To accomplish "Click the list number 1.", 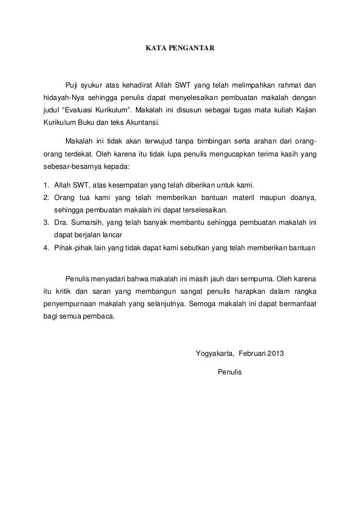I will pos(46,185).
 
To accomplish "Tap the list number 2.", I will pos(46,197).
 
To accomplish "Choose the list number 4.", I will pos(46,248).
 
